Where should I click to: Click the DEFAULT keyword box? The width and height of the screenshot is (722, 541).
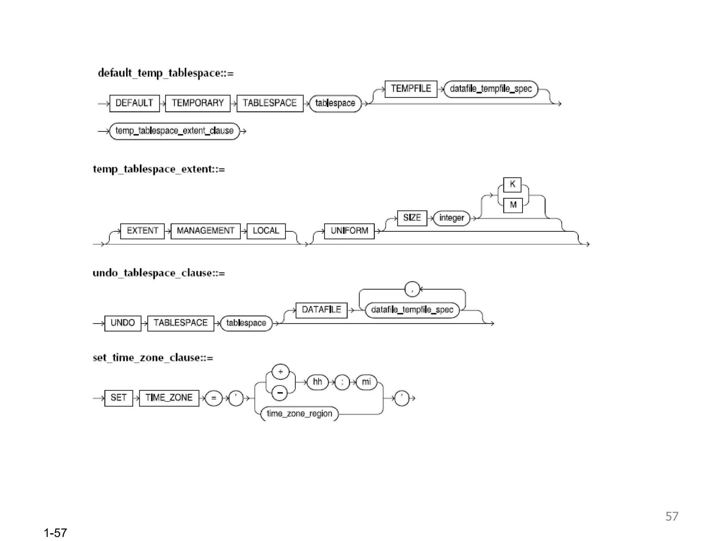coord(134,103)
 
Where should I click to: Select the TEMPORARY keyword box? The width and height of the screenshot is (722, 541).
coord(197,103)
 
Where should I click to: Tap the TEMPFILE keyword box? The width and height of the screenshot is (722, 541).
coord(411,89)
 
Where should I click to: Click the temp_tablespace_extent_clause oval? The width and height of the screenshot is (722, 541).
coord(175,131)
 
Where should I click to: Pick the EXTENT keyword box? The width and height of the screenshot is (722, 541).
coord(142,231)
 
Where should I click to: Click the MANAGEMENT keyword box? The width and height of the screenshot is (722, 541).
coord(206,231)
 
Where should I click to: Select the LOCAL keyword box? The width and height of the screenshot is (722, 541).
coord(266,231)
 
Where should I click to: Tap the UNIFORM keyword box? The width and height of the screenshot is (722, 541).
coord(349,231)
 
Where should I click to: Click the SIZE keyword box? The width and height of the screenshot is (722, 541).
coord(412,218)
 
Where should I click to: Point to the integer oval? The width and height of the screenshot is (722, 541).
coord(452,218)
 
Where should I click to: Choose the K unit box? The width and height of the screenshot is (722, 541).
coord(512,185)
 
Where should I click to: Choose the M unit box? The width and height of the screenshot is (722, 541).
coord(513,205)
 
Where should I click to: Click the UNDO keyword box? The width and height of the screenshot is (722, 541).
coord(123,323)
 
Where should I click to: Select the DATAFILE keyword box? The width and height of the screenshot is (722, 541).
coord(321,310)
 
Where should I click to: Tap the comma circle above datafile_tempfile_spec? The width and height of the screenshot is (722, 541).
coord(412,289)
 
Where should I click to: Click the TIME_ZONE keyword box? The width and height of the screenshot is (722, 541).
coord(169,398)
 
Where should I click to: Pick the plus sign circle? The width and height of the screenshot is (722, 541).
coord(281,372)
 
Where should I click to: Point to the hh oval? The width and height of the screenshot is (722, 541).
coord(317,382)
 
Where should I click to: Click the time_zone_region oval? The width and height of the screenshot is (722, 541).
coord(299,413)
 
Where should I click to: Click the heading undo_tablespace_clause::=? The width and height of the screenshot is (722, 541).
coord(159,273)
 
